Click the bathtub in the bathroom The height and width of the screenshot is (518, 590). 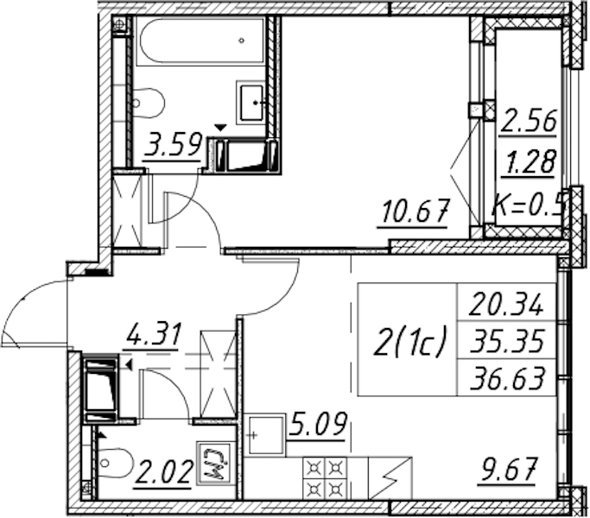tap(200, 41)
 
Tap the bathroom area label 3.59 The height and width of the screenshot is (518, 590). tap(173, 145)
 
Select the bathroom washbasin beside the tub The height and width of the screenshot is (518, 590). tap(251, 103)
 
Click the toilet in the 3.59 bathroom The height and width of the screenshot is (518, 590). tap(149, 103)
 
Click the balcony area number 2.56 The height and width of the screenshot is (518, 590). tap(528, 121)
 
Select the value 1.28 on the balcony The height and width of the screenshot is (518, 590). tap(530, 161)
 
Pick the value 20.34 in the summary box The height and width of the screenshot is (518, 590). tap(506, 304)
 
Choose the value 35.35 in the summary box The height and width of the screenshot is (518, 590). tap(507, 340)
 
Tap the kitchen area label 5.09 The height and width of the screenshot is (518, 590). tap(316, 426)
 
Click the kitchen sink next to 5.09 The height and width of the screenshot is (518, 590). tap(264, 434)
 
